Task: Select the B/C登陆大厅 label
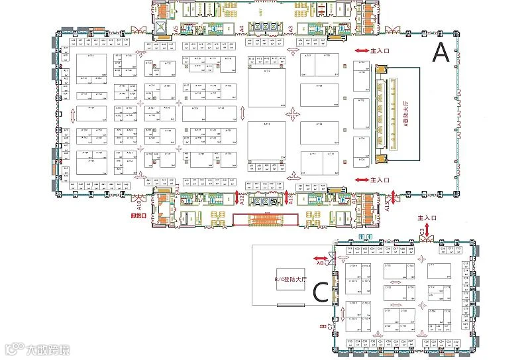click(x=279, y=279)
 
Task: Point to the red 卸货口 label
click(x=138, y=215)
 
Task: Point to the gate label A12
click(x=242, y=198)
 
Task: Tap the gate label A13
click(x=291, y=198)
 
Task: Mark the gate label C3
click(x=422, y=231)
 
